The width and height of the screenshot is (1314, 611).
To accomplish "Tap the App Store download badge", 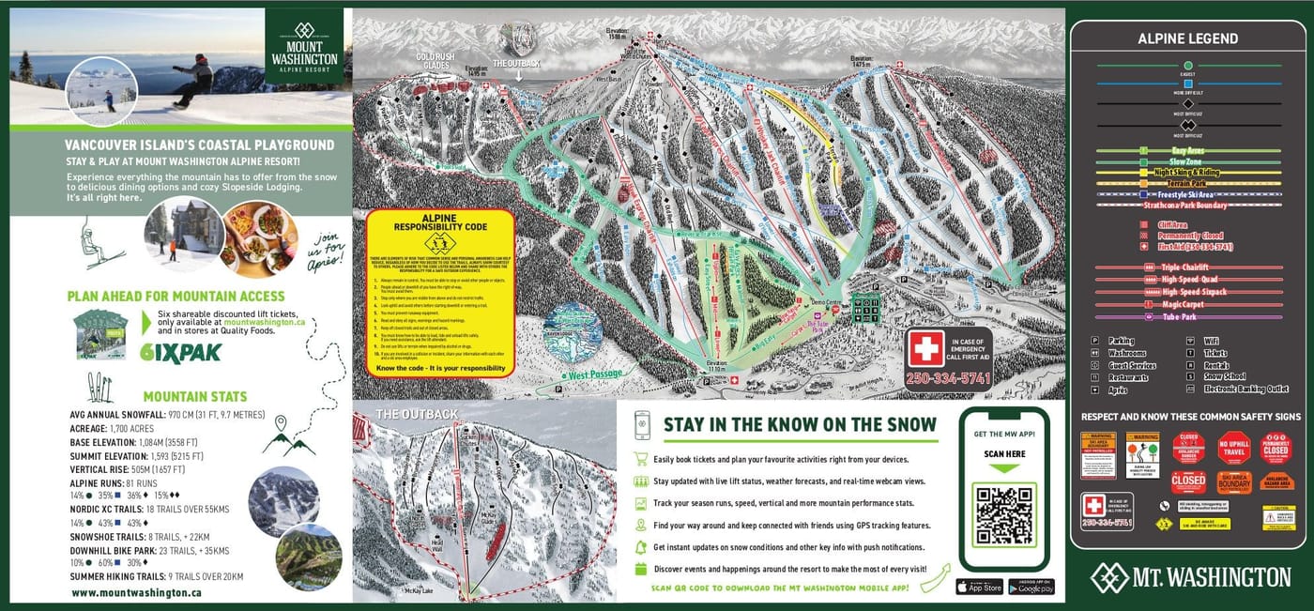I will tap(979, 587).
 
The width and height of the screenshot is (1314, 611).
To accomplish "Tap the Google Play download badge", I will tap(1031, 587).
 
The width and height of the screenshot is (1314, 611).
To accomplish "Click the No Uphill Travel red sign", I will tap(1233, 448).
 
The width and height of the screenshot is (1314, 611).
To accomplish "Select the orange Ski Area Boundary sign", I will tap(1234, 482).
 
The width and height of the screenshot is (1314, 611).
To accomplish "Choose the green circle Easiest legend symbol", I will tap(1187, 67).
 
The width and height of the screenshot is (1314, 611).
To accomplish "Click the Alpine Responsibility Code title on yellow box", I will tap(439, 221).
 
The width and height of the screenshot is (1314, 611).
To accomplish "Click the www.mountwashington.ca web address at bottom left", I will tap(136, 593).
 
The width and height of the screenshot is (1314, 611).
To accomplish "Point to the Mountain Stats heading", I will tap(194, 396).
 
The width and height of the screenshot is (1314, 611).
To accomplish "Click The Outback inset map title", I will tap(417, 414).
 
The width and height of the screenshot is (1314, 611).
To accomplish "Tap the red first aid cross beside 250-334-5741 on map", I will tap(925, 349).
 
